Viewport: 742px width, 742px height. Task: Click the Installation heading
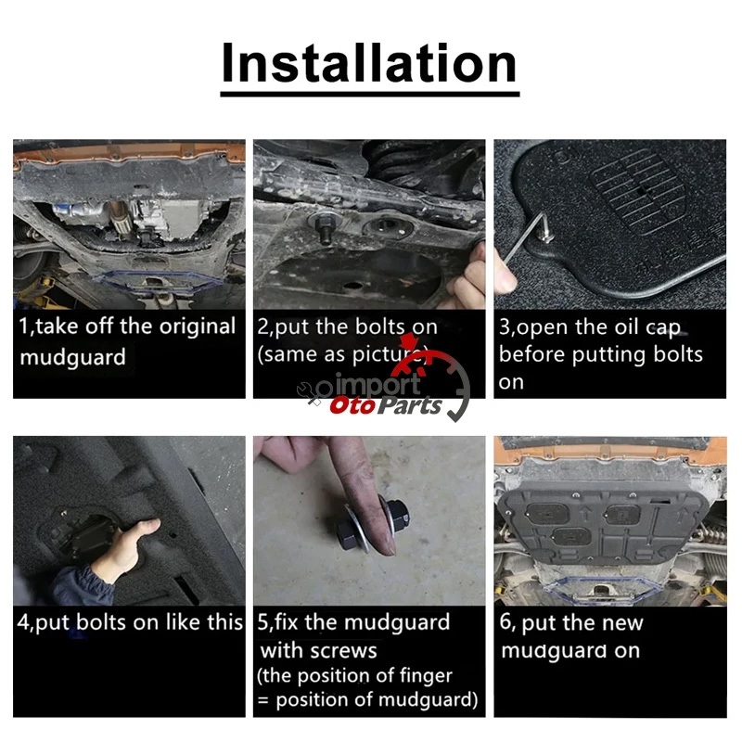click(x=369, y=63)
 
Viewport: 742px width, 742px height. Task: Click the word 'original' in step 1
click(x=198, y=326)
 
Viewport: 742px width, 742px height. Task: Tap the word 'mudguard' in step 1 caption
click(x=73, y=357)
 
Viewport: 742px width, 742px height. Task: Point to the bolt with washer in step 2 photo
click(x=326, y=227)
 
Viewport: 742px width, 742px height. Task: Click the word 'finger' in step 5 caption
click(x=426, y=675)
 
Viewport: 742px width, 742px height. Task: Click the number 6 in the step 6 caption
click(x=505, y=621)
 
